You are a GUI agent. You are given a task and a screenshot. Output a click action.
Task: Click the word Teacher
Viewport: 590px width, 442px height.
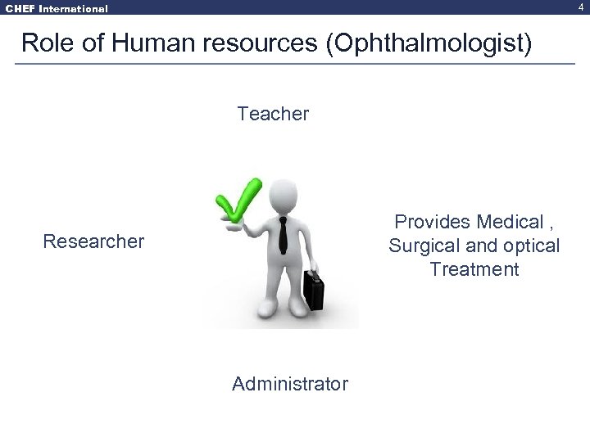273,114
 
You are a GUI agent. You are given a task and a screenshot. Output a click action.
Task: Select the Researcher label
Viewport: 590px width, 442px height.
93,241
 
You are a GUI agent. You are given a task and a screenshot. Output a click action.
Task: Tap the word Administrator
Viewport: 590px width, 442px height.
290,384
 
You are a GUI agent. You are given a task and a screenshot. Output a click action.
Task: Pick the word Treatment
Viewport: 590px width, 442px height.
474,269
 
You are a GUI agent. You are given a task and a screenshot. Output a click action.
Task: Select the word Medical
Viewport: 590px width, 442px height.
511,222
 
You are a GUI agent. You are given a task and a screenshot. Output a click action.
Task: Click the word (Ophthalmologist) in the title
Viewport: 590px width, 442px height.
429,43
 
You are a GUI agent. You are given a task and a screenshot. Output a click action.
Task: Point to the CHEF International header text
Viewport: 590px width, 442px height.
54,8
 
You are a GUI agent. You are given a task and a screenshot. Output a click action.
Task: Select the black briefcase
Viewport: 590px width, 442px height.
314,289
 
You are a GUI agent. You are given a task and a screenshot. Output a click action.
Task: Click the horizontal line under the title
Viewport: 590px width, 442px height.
295,64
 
